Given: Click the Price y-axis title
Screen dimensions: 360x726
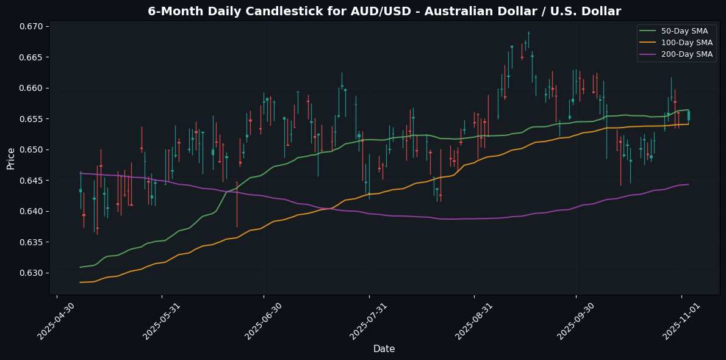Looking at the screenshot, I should pyautogui.click(x=10, y=157).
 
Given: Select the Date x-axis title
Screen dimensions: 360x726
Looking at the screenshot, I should pyautogui.click(x=384, y=349).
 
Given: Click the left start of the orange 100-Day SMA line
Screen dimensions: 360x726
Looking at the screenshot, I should pyautogui.click(x=81, y=283).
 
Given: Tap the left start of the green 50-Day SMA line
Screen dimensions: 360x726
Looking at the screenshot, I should pyautogui.click(x=81, y=267).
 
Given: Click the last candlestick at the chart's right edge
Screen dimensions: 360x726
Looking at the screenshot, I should pyautogui.click(x=689, y=115).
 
